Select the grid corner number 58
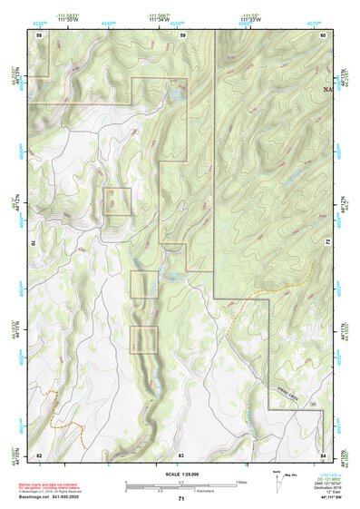39,34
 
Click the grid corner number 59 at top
182,34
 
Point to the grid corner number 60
323,34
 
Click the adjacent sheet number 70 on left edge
37,243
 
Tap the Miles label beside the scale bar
241,482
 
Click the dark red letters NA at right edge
327,90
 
